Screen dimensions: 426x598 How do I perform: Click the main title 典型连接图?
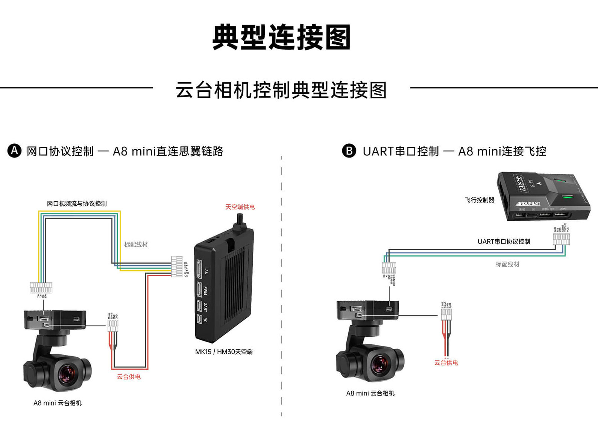281,37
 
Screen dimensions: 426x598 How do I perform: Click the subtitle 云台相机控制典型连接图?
281,90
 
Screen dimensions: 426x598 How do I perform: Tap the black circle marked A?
14,151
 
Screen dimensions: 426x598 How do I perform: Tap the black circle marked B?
349,151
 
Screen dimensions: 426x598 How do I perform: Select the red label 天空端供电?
240,207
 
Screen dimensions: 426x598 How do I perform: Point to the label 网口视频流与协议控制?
77,204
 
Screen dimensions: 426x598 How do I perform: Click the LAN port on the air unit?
199,269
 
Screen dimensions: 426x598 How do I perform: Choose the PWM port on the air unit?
199,290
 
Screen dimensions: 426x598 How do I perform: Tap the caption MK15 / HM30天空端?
224,352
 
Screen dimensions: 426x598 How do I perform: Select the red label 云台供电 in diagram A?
129,377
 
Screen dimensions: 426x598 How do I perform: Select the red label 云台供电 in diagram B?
446,363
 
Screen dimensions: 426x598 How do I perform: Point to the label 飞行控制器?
480,200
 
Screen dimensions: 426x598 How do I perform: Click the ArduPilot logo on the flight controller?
528,204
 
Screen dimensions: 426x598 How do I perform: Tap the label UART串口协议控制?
504,242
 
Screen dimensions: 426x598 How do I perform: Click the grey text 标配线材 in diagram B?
507,265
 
